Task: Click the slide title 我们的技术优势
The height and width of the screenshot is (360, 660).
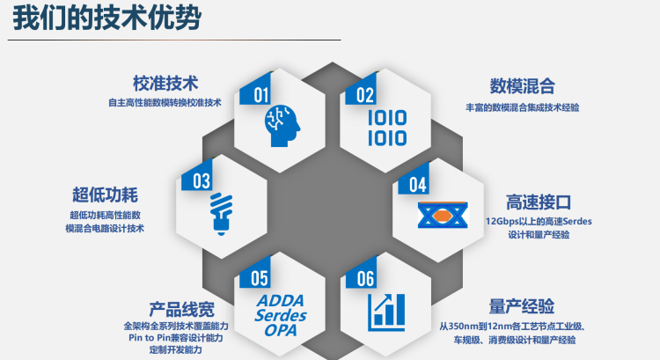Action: click(x=106, y=18)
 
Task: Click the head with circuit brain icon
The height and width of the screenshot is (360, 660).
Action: click(x=282, y=126)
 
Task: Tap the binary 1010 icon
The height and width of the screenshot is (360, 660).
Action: click(x=387, y=128)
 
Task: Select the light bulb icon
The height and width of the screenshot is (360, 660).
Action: click(x=222, y=214)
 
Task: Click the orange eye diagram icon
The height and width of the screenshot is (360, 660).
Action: click(x=443, y=215)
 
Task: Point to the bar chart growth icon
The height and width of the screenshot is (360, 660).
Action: click(x=386, y=312)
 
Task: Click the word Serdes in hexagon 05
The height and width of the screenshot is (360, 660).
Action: click(x=281, y=315)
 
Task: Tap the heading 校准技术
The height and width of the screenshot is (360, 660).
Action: click(x=165, y=84)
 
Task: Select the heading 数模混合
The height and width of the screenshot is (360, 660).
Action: click(x=522, y=86)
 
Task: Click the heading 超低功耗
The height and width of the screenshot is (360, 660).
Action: click(x=105, y=195)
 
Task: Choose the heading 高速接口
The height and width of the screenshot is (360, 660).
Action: click(x=539, y=202)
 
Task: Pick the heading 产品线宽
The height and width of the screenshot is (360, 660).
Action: click(x=182, y=310)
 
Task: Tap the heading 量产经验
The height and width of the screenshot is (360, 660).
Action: click(x=522, y=306)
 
